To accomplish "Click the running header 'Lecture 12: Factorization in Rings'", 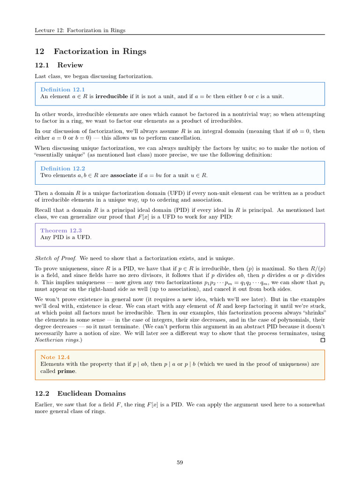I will pyautogui.click(x=80, y=30).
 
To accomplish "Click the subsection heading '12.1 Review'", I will pyautogui.click(x=59, y=65).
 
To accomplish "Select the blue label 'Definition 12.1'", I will pyautogui.click(x=63, y=90).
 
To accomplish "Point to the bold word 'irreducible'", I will pyautogui.click(x=111, y=97).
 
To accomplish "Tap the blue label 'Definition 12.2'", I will pyautogui.click(x=63, y=168).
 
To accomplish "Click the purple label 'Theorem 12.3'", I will pyautogui.click(x=61, y=231).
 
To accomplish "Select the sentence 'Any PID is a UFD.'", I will pyautogui.click(x=66, y=237).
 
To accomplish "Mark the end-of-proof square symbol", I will pyautogui.click(x=322, y=340).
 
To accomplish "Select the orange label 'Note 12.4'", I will pyautogui.click(x=55, y=357).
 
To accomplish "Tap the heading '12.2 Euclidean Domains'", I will pyautogui.click(x=80, y=393).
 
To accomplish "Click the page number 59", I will pyautogui.click(x=180, y=462).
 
